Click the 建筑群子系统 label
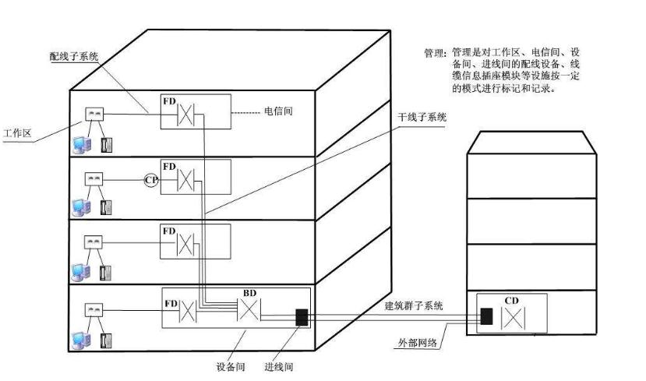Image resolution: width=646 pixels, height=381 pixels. [414, 306]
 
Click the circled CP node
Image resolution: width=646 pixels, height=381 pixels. [151, 179]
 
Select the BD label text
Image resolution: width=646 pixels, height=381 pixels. [249, 293]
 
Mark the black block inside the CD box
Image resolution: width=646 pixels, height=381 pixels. [486, 316]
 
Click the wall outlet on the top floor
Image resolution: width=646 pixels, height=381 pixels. [95, 115]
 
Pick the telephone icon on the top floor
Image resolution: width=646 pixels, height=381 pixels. [105, 143]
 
